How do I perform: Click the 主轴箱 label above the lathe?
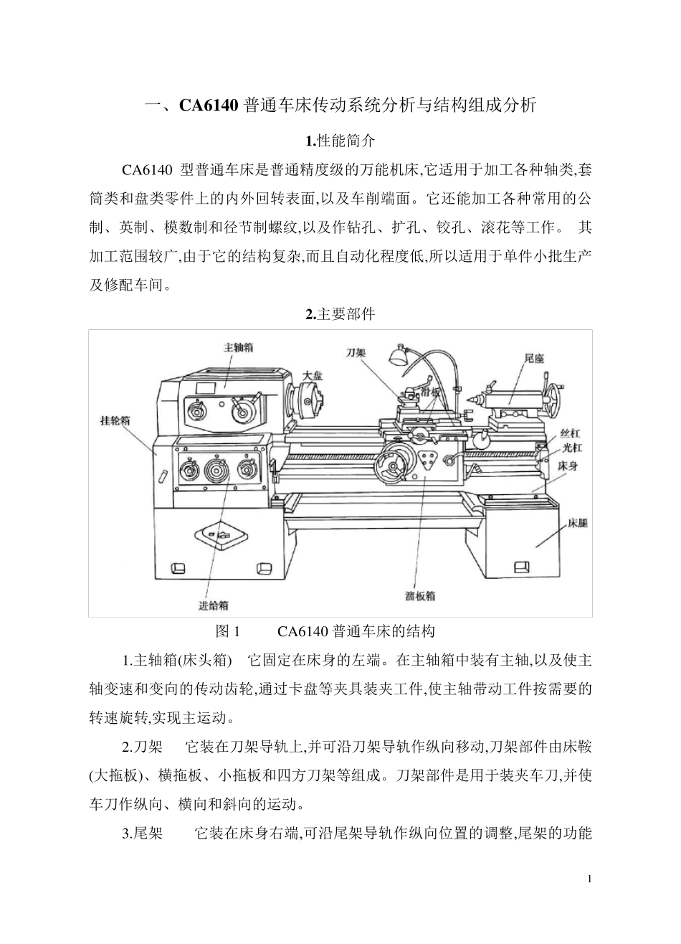point(238,347)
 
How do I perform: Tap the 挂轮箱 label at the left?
point(115,421)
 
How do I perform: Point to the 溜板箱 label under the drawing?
point(420,595)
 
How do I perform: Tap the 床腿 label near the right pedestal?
point(578,524)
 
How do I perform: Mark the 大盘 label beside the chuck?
point(313,375)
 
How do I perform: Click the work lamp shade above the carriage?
point(397,355)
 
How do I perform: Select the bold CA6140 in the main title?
point(208,106)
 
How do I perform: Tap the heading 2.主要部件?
point(340,314)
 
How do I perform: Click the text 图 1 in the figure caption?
point(227,632)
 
